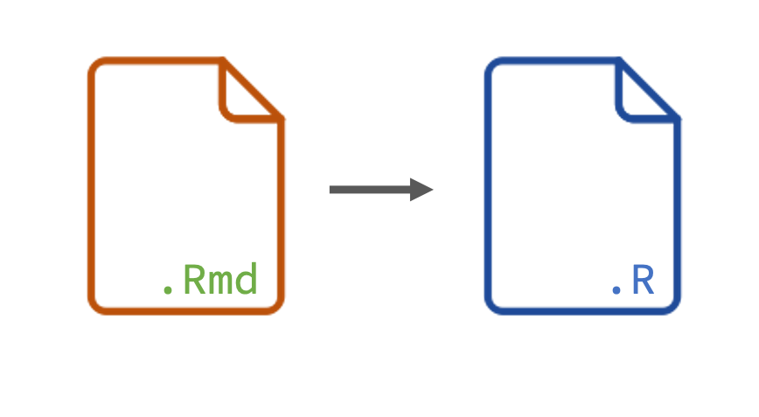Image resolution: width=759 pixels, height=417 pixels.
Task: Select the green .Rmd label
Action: pyautogui.click(x=210, y=281)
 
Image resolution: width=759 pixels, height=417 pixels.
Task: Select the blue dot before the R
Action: pyautogui.click(x=616, y=289)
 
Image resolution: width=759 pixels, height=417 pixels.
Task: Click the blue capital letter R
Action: pyautogui.click(x=643, y=281)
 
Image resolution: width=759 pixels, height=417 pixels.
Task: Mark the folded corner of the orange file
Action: pyautogui.click(x=247, y=95)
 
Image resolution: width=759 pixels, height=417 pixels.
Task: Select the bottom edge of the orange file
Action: pyautogui.click(x=185, y=311)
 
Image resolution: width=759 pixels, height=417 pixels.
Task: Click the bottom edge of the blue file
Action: pyautogui.click(x=582, y=311)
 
